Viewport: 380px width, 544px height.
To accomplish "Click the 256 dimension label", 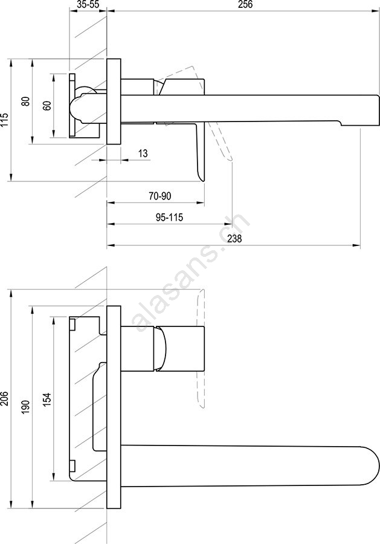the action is coord(245,4).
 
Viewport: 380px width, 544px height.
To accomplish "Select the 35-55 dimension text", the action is coord(88,4).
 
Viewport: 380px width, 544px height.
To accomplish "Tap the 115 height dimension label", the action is coord(4,120).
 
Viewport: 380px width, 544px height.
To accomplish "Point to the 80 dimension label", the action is coord(25,102).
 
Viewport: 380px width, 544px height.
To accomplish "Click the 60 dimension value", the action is coord(47,105).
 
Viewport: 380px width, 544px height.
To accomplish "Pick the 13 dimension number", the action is coord(143,153).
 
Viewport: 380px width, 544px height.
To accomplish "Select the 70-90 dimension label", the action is coord(160,196).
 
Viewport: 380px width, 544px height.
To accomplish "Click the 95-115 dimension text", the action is coord(169,218).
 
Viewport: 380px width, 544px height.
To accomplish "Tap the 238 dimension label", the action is coord(235,239).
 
